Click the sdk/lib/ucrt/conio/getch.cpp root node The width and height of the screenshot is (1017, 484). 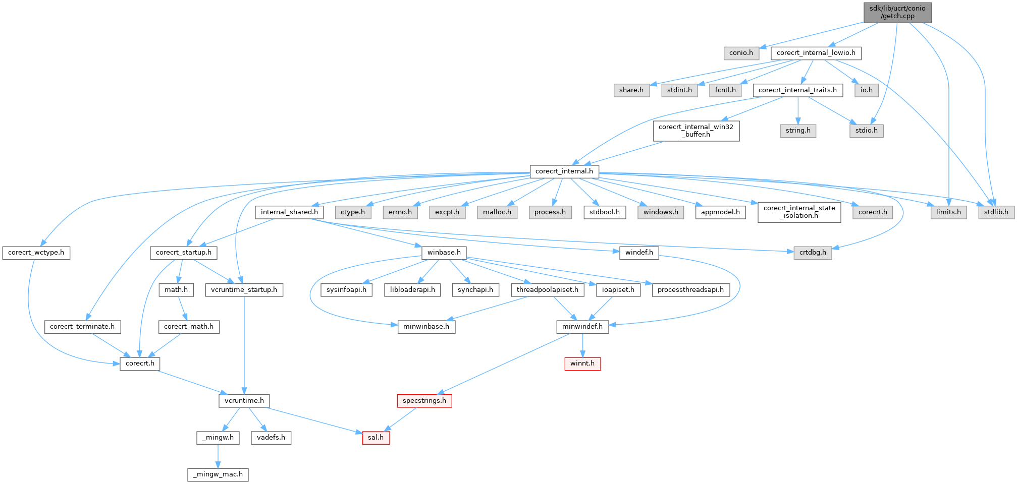point(897,12)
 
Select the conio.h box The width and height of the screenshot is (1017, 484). point(741,53)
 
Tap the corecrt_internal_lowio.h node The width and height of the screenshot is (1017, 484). point(816,53)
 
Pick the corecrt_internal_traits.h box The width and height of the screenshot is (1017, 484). point(797,90)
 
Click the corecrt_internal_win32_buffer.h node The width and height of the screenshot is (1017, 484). point(696,131)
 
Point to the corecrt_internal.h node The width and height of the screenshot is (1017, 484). point(564,171)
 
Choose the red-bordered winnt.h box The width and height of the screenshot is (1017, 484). point(582,364)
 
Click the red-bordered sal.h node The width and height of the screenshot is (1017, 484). point(376,438)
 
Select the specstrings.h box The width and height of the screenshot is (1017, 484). point(424,401)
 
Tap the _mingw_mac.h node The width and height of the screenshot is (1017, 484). point(218,474)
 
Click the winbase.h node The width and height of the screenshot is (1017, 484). point(444,253)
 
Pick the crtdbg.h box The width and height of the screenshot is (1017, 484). point(813,253)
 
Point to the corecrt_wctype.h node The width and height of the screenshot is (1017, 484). point(36,253)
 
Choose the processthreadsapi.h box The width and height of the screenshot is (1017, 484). point(690,290)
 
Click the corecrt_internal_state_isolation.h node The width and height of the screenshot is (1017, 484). point(799,212)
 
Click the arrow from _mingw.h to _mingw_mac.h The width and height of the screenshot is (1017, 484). point(218,456)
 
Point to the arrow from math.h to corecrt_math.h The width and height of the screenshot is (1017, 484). point(182,308)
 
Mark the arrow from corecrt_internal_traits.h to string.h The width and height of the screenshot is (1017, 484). point(797,110)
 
